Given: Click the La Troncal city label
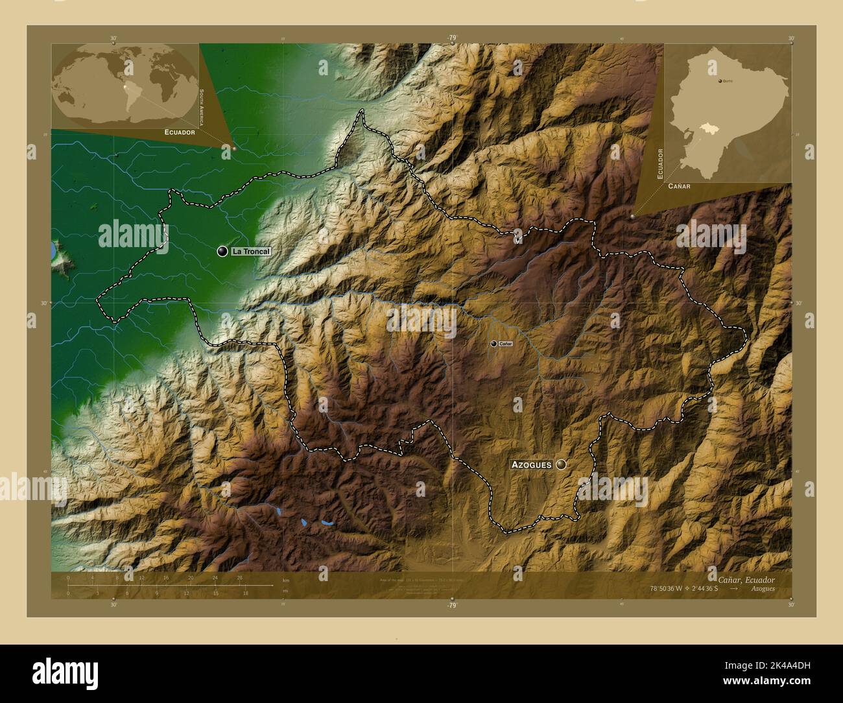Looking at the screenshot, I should (250, 251).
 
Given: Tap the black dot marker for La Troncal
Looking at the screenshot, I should (222, 251).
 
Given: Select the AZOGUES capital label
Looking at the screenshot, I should (531, 464).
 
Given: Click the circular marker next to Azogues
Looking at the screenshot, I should (561, 464).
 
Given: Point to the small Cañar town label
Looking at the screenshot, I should (506, 344).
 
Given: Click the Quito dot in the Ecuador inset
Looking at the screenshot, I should (720, 81).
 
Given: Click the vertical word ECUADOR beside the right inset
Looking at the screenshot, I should (660, 163).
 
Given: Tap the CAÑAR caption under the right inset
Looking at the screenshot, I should (678, 185).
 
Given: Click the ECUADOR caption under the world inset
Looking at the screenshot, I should (180, 132).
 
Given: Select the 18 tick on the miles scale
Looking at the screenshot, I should (245, 593).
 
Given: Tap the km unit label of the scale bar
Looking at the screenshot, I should (285, 580).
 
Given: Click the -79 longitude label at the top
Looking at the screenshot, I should (452, 38).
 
